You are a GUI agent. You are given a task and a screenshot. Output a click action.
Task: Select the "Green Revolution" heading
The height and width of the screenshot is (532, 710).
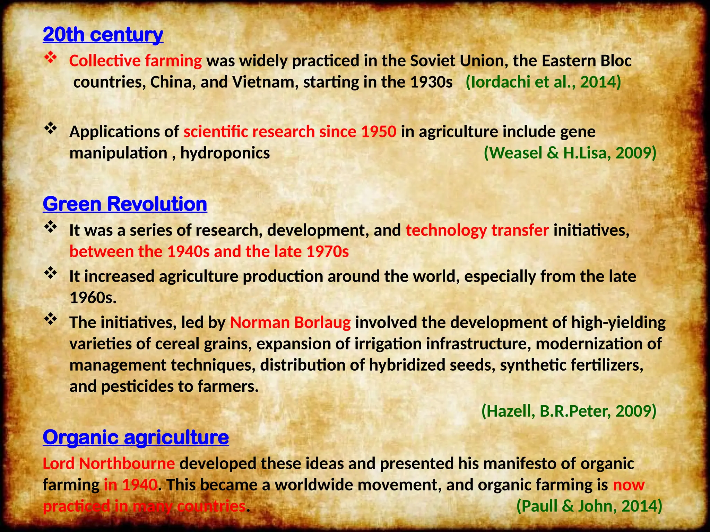pyautogui.click(x=125, y=204)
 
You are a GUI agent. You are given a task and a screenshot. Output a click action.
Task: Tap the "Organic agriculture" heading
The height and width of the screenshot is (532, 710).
pyautogui.click(x=136, y=437)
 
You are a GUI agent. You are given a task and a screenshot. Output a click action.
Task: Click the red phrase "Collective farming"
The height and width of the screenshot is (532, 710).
pyautogui.click(x=135, y=61)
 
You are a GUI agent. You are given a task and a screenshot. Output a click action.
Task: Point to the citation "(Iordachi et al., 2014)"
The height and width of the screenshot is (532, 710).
pyautogui.click(x=543, y=82)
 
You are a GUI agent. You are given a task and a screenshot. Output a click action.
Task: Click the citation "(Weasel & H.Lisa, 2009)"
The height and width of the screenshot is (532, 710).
pyautogui.click(x=570, y=153)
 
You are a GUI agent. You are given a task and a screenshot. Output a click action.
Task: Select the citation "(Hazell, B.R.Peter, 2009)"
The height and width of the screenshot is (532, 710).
pyautogui.click(x=569, y=411)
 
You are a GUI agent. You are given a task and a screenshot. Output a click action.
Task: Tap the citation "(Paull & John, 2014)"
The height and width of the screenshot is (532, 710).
pyautogui.click(x=589, y=506)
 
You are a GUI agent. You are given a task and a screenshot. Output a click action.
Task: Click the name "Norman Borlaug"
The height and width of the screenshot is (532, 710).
pyautogui.click(x=290, y=322)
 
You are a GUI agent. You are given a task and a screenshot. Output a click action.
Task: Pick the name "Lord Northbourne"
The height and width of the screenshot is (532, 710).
pyautogui.click(x=109, y=463)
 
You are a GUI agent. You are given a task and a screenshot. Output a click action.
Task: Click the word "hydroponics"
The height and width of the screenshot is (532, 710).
pyautogui.click(x=225, y=153)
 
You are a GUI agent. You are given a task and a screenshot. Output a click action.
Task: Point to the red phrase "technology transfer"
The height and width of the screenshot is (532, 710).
pyautogui.click(x=477, y=230)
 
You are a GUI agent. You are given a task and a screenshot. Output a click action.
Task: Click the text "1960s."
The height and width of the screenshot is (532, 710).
pyautogui.click(x=93, y=298)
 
